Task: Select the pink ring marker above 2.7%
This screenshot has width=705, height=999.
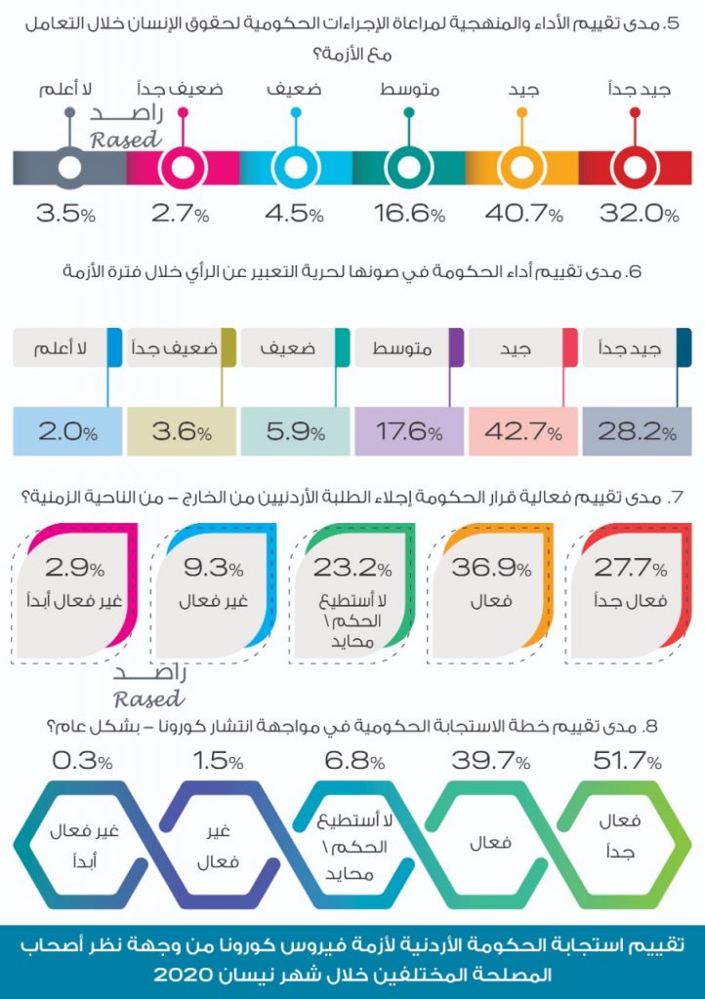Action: [183, 168]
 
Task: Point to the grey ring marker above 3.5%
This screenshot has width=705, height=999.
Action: [69, 168]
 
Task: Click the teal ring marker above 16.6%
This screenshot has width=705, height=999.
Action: [408, 168]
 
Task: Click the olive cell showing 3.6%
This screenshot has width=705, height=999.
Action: [182, 431]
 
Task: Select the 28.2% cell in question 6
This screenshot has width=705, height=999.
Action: [637, 431]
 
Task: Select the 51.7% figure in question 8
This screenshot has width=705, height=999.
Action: [628, 761]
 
